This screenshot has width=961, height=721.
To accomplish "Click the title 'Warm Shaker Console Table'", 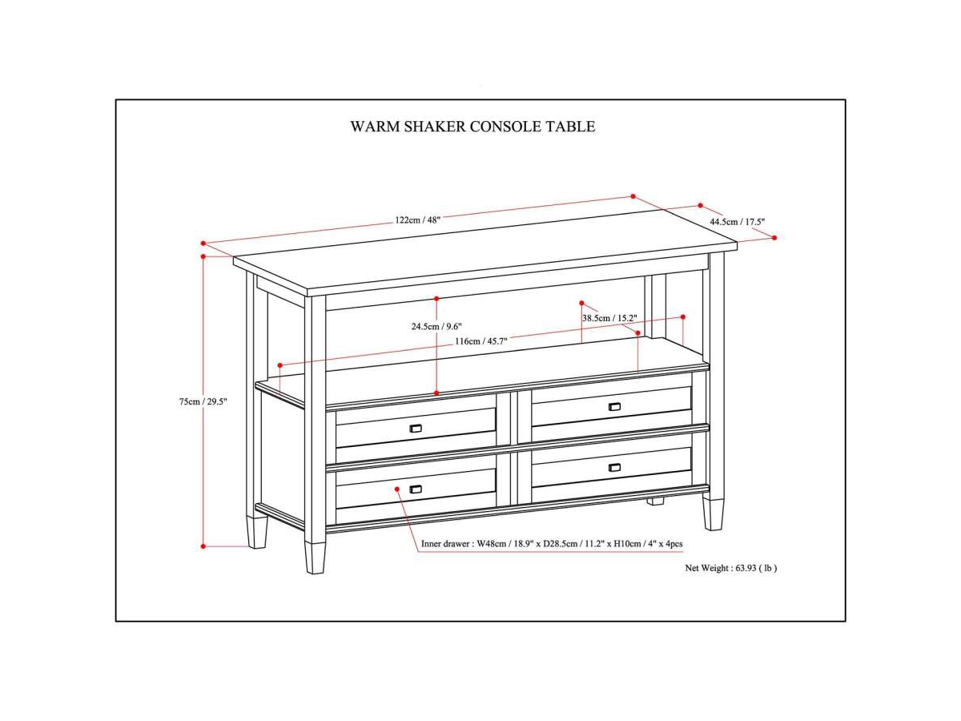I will click(472, 127).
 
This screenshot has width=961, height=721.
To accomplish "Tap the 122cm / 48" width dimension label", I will click(417, 220).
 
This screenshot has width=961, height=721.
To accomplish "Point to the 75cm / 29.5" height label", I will click(203, 401).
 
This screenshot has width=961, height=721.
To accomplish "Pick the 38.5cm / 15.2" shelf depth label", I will click(609, 318).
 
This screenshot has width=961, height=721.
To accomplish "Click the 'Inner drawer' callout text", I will click(552, 544).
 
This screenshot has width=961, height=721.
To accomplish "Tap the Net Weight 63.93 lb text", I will click(730, 568).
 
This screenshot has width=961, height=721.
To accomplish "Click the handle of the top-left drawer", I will click(416, 429).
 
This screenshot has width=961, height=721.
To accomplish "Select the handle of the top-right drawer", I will click(614, 406).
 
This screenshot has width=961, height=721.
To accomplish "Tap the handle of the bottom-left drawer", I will click(416, 489).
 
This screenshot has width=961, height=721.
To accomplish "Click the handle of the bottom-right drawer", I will click(614, 467).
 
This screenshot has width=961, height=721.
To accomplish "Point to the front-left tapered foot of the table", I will click(316, 557).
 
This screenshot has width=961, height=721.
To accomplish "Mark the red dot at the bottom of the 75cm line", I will click(203, 546).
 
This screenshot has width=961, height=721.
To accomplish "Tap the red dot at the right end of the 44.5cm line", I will click(774, 238).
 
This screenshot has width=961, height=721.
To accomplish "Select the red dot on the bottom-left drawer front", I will click(397, 487).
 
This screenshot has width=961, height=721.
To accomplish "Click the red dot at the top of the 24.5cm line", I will click(436, 299).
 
